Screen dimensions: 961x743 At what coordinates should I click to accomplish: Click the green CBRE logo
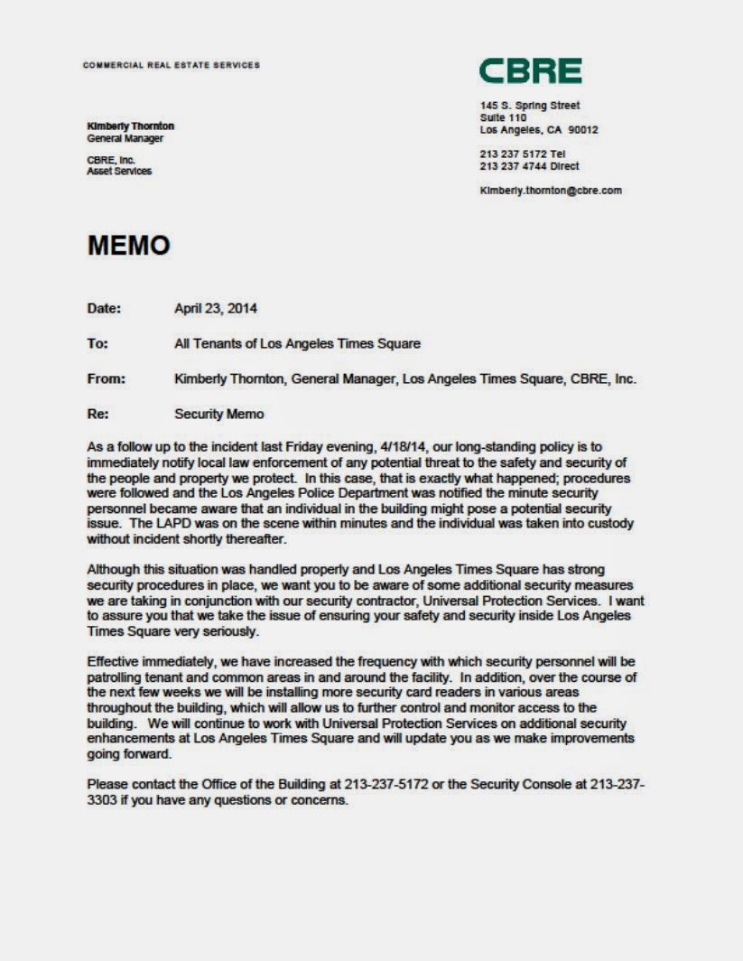pyautogui.click(x=530, y=71)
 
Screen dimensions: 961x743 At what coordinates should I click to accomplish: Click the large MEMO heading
pyautogui.click(x=128, y=246)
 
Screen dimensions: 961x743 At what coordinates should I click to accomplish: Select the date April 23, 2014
pyautogui.click(x=215, y=308)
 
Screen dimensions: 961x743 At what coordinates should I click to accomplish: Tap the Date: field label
pyautogui.click(x=104, y=308)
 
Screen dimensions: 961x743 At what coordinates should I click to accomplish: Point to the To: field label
pyautogui.click(x=98, y=344)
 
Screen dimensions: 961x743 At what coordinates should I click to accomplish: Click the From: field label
pyautogui.click(x=106, y=379)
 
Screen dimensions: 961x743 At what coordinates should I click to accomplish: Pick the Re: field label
pyautogui.click(x=98, y=415)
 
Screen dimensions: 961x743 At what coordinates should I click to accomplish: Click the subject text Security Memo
pyautogui.click(x=219, y=415)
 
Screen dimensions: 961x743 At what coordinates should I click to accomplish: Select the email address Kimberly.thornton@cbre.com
pyautogui.click(x=551, y=191)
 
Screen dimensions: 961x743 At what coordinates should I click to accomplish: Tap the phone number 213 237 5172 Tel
pyautogui.click(x=523, y=154)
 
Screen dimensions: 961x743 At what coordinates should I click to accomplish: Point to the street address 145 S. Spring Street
pyautogui.click(x=530, y=106)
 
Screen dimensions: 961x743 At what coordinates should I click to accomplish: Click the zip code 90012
pyautogui.click(x=583, y=130)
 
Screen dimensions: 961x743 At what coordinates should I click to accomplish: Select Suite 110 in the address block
pyautogui.click(x=503, y=117)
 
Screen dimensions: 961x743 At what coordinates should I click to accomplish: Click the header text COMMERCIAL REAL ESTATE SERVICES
pyautogui.click(x=171, y=65)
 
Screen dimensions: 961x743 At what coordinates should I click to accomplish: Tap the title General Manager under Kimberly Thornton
pyautogui.click(x=125, y=139)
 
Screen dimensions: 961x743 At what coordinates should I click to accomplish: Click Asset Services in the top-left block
pyautogui.click(x=119, y=172)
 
